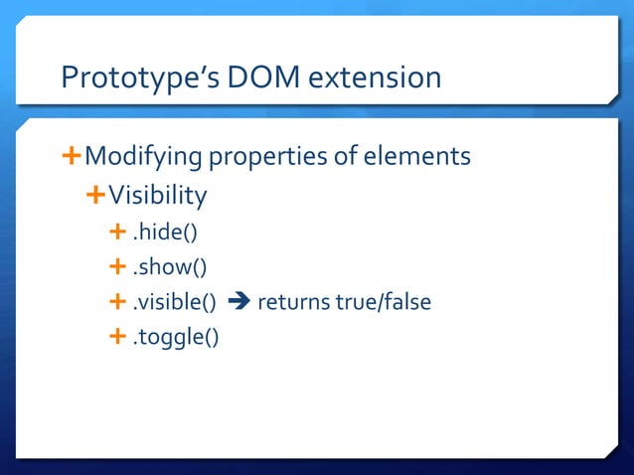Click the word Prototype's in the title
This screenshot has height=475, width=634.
[130, 78]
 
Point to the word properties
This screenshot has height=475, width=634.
[275, 157]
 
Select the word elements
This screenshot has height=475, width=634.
[418, 157]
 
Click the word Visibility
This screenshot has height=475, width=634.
[157, 196]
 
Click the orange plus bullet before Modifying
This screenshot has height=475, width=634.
[71, 156]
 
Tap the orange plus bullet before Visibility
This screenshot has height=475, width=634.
[95, 195]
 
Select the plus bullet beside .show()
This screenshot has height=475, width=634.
[118, 266]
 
